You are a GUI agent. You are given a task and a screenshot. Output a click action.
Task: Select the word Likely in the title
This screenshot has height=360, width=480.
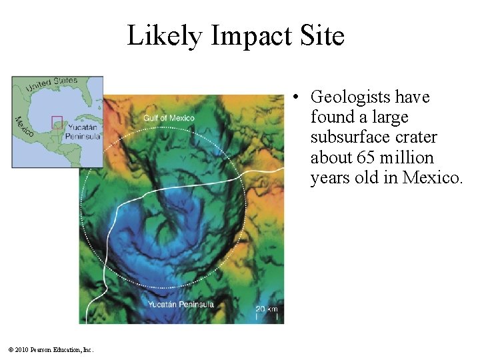(x=163, y=36)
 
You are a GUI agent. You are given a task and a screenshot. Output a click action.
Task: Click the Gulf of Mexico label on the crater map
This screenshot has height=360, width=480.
(x=169, y=118)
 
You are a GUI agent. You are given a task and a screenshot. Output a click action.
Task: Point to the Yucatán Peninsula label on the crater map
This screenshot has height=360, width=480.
(x=181, y=305)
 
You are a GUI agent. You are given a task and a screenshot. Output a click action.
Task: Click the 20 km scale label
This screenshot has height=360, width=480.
(x=267, y=309)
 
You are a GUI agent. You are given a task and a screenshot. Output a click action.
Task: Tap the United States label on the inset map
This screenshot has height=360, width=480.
(x=51, y=85)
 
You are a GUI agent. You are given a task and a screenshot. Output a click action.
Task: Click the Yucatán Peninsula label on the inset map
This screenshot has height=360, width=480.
(x=83, y=131)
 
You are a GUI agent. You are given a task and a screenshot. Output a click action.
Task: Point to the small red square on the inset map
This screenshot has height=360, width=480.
(x=57, y=122)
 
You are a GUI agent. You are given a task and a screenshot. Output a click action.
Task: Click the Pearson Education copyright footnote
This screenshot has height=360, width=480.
(x=51, y=349)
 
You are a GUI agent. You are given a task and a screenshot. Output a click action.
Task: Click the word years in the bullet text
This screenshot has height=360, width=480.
(x=329, y=178)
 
